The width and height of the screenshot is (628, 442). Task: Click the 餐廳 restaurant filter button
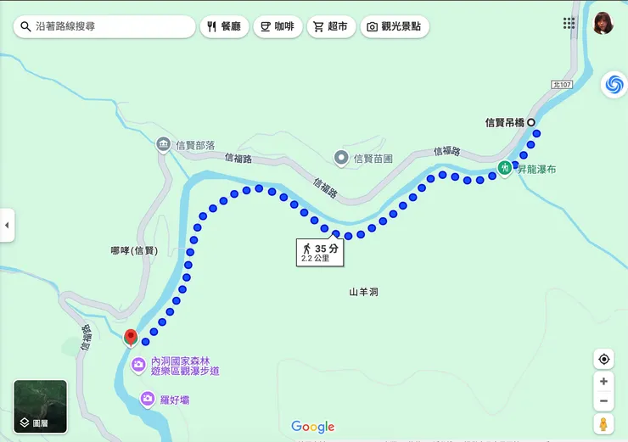[x=224, y=26]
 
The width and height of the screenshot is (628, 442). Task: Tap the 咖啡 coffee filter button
[x=277, y=26]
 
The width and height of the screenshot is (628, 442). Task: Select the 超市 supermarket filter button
[x=330, y=26]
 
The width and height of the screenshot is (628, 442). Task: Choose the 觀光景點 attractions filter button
[x=395, y=26]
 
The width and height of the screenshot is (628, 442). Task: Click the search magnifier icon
[x=25, y=26]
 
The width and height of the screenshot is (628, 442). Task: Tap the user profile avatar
[x=603, y=23]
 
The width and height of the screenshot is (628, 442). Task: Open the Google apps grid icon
[x=569, y=23]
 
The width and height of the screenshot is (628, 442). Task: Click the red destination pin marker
[x=131, y=338]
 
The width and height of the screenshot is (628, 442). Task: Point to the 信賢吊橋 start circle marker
[x=531, y=123]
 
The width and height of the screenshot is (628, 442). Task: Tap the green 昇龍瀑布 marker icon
[x=504, y=168]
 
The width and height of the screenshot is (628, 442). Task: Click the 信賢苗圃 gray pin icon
[x=341, y=157]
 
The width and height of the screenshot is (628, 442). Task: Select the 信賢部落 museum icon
[x=163, y=145]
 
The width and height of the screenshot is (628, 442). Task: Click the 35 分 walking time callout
[x=321, y=252]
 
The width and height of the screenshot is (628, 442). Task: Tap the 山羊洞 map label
[x=363, y=292]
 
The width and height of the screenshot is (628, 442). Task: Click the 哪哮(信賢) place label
[x=134, y=250]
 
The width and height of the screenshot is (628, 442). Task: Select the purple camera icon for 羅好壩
[x=148, y=398]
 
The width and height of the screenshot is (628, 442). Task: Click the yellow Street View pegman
[x=603, y=423]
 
